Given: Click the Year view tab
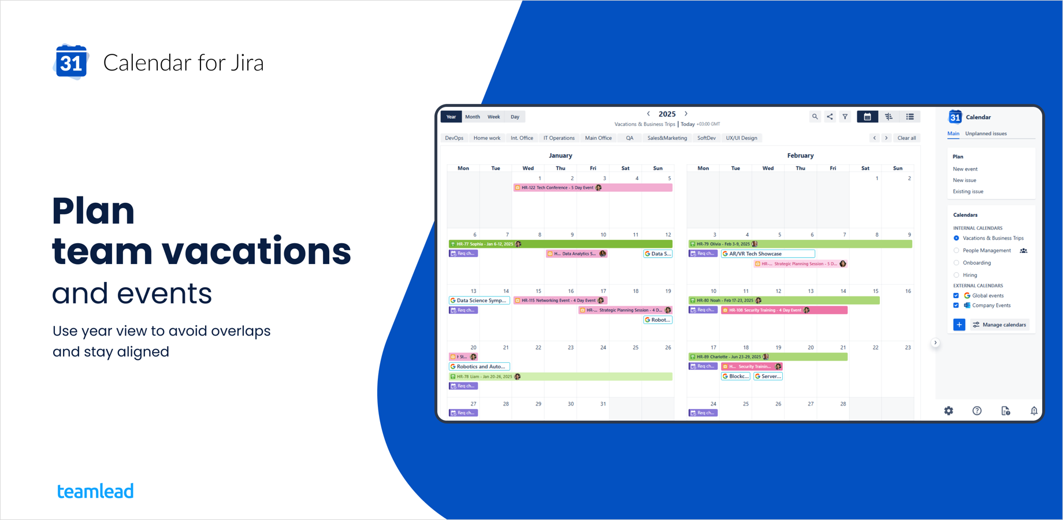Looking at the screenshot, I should [x=451, y=117].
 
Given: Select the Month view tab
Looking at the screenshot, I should [x=473, y=117].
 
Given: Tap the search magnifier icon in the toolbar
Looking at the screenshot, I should [x=815, y=117].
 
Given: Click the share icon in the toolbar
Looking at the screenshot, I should [x=830, y=117].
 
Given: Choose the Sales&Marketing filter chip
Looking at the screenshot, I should [x=667, y=138].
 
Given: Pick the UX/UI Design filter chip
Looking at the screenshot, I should [x=741, y=138].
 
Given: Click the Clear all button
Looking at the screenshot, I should [x=906, y=138].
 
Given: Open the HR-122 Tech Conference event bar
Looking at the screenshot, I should [x=592, y=188].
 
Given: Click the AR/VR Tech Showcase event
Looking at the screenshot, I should [x=768, y=254].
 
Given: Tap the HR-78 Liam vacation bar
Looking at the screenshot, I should [x=560, y=377].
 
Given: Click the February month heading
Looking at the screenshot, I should [x=800, y=155].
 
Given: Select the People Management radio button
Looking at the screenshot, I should [x=956, y=251].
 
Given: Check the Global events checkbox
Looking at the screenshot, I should [x=956, y=296].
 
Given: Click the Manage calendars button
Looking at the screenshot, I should [x=999, y=325].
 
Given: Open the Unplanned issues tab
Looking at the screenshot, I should [x=986, y=133].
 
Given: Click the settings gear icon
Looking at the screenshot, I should [x=949, y=411].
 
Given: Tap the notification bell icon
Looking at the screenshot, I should [x=1034, y=411].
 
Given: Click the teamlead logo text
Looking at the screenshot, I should [x=95, y=491].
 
